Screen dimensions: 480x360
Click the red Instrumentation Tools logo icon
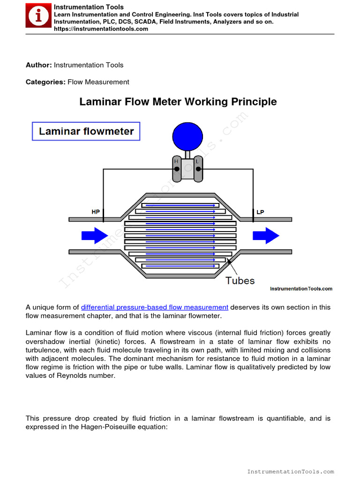38,17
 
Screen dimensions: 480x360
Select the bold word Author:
39,65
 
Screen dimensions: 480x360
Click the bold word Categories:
45,82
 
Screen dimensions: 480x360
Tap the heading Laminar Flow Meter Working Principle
178,102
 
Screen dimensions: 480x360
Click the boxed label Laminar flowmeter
86,132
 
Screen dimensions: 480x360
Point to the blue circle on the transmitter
187,136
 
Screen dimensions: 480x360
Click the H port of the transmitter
177,169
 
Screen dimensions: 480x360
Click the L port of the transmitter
198,169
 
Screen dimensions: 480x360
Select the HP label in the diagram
96,212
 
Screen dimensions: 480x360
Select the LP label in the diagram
261,212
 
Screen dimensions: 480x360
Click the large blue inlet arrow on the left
95,235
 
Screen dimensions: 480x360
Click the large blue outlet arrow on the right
266,235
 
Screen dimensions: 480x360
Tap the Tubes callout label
240,281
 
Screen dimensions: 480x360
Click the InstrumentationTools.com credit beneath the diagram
301,289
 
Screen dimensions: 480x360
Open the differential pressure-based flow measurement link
155,307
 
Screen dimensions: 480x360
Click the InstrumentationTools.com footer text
291,472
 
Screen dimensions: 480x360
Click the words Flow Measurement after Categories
98,82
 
